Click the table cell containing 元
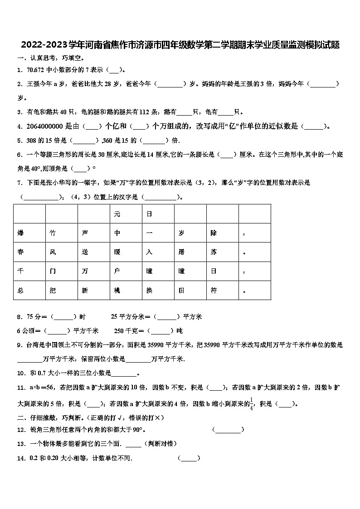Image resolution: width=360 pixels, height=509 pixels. click(x=126, y=214)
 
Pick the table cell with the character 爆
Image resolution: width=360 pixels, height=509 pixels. click(x=29, y=233)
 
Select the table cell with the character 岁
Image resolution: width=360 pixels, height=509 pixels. click(x=190, y=233)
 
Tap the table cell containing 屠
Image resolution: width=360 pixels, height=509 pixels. click(x=190, y=252)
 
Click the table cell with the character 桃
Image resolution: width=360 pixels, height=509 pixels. click(x=126, y=291)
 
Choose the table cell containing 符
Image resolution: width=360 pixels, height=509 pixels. click(x=223, y=291)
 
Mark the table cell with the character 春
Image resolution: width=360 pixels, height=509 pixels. click(x=29, y=252)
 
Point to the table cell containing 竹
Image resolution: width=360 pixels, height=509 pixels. click(x=62, y=233)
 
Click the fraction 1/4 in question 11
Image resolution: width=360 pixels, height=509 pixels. click(x=251, y=404)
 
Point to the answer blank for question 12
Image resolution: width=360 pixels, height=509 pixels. click(x=228, y=430)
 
